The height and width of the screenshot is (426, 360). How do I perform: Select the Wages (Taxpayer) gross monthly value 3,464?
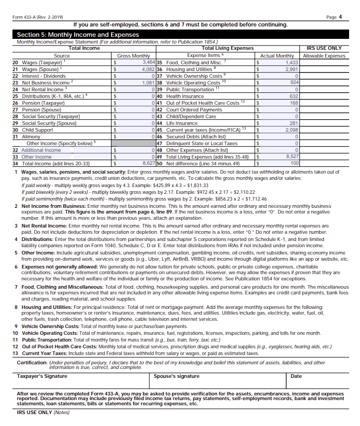click(x=148, y=62)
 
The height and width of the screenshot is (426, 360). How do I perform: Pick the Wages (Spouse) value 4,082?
click(x=148, y=69)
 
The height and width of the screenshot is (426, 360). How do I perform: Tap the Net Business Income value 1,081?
click(x=148, y=82)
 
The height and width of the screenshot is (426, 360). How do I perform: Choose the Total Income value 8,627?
click(x=148, y=163)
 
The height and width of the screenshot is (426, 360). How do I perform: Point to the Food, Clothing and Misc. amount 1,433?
click(x=292, y=62)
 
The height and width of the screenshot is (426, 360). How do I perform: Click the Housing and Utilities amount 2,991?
click(x=292, y=69)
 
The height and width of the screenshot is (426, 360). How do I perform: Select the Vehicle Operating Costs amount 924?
click(x=294, y=82)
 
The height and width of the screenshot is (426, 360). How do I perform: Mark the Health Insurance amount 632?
click(x=294, y=96)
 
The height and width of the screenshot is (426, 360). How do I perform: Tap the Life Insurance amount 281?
click(x=294, y=123)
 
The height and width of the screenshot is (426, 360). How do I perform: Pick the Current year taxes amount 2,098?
click(x=292, y=130)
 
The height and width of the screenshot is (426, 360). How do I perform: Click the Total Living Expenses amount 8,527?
click(x=292, y=157)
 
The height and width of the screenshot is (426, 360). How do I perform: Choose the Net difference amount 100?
click(x=294, y=163)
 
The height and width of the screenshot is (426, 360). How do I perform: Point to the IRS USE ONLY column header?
click(x=324, y=48)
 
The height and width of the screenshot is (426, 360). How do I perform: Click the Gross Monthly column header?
click(x=133, y=55)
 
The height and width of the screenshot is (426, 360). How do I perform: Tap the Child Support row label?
click(x=34, y=130)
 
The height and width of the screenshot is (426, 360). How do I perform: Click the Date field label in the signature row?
click(x=296, y=376)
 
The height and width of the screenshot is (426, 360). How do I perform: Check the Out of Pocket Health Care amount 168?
click(x=294, y=103)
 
